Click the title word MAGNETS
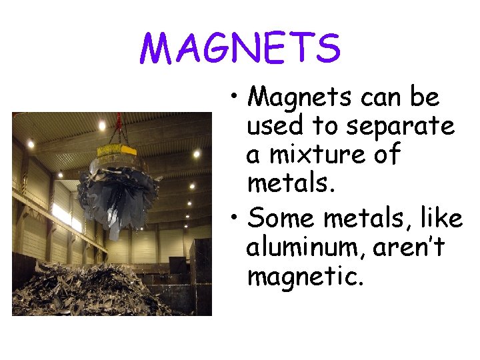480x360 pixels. [x=240, y=48]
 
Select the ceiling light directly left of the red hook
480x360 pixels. [x=102, y=125]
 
